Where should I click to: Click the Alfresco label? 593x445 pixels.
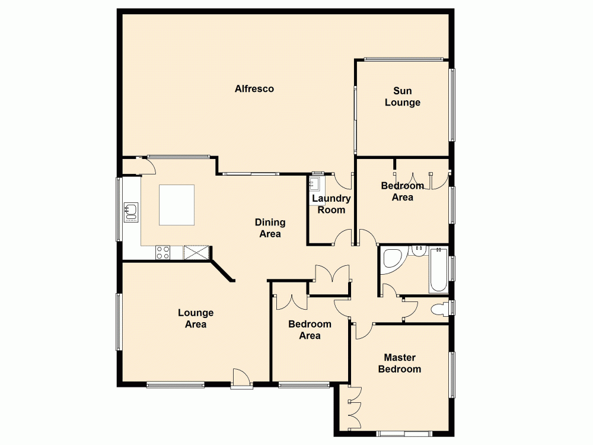point(254,89)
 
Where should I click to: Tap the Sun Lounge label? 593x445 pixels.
point(403,97)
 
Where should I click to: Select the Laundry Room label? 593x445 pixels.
point(331,204)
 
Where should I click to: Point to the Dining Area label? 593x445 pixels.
point(270,228)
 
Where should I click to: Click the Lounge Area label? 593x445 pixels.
point(196,319)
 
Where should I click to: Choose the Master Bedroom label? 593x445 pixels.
point(400,363)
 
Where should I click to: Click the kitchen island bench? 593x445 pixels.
point(177,205)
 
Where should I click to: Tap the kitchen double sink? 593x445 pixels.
point(130,211)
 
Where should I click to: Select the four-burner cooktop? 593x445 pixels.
point(163,252)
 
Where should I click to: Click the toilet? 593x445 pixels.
point(441,309)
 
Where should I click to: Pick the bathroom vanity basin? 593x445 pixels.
point(420,250)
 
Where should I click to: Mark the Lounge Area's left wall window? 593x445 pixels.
point(119,322)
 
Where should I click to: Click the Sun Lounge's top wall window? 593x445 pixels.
point(403,59)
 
